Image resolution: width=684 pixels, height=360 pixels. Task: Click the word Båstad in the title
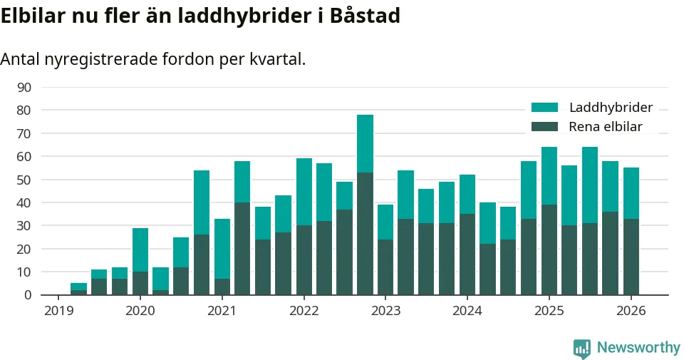[363, 16]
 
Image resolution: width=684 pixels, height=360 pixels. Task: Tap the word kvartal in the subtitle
[279, 59]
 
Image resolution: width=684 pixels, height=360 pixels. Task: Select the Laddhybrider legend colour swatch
[545, 108]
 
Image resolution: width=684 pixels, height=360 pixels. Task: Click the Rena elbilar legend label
[606, 127]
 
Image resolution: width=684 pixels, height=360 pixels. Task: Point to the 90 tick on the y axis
[24, 87]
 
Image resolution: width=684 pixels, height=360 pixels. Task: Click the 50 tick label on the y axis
[24, 180]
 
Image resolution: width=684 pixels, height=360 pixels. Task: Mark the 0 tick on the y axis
[28, 295]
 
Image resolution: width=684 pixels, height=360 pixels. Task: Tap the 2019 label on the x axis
[58, 312]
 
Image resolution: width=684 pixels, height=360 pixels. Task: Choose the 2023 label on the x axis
[385, 312]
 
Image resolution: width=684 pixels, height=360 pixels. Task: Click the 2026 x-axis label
[631, 312]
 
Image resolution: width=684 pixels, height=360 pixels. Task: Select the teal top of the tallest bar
[365, 143]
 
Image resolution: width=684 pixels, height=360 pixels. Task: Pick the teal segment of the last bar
[631, 193]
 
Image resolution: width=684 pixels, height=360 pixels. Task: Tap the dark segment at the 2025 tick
[549, 250]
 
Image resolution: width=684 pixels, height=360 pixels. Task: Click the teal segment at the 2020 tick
[140, 250]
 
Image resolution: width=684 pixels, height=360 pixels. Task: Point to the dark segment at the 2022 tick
[304, 260]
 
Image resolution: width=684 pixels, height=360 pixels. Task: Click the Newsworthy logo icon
[582, 348]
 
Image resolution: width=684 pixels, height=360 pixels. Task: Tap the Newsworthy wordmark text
[638, 348]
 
